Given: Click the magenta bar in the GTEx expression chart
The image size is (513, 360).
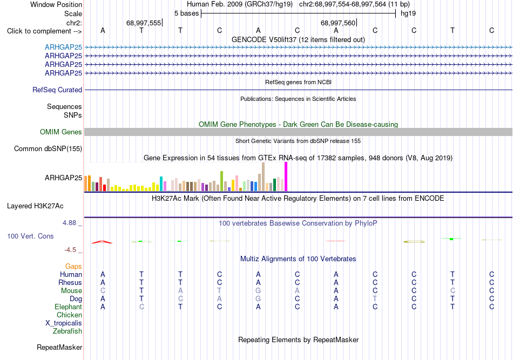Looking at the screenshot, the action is (x=286, y=176).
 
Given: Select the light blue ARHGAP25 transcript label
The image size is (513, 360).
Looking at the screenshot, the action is (x=64, y=47).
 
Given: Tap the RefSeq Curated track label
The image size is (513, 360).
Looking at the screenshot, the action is (x=57, y=90).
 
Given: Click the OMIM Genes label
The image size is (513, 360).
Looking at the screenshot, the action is (x=61, y=132).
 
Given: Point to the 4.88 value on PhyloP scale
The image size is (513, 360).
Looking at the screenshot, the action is (x=69, y=223).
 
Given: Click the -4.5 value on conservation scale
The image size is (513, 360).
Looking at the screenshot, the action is (x=70, y=250).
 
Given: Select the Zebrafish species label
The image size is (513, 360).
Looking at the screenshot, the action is (x=67, y=331).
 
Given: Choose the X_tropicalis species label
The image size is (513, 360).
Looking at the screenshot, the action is (x=64, y=323).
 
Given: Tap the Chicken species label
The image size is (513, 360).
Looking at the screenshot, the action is (x=69, y=315).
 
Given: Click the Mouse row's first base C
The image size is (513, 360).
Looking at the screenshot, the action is (x=103, y=290).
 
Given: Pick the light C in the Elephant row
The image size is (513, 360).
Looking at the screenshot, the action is (x=141, y=307).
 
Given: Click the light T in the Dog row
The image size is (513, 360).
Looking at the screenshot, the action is (x=375, y=298).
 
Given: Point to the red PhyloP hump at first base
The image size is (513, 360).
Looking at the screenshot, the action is (x=102, y=242).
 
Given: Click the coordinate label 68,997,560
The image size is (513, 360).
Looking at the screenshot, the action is (x=338, y=23).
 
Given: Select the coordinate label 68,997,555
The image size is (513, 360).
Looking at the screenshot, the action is (x=144, y=23).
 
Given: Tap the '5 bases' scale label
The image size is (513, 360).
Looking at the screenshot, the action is (x=186, y=13).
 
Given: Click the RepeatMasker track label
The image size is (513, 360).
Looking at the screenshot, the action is (x=59, y=347).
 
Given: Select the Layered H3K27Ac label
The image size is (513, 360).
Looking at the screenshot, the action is (x=35, y=206).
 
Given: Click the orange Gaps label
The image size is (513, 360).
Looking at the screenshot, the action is (x=73, y=266).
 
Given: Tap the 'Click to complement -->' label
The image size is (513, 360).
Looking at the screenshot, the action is (x=44, y=31).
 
